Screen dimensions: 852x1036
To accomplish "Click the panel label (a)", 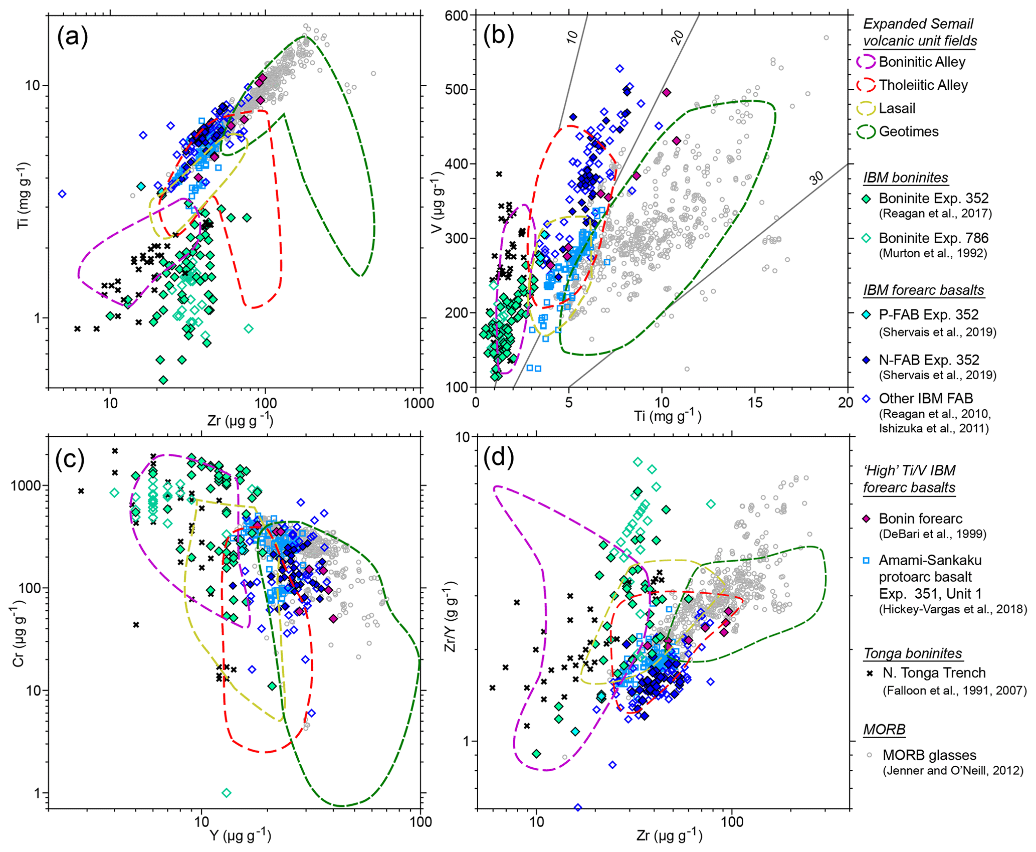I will tap(73, 37).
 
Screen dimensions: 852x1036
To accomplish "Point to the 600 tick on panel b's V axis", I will tap(456, 16).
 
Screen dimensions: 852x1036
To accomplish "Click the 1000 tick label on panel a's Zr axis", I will tap(419, 403).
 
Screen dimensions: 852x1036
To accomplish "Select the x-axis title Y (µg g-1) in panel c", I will tap(240, 836).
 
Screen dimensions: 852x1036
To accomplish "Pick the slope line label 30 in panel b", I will tap(816, 178).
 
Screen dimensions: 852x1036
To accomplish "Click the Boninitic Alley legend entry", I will tap(921, 62).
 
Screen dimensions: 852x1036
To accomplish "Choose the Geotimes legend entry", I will tap(908, 131).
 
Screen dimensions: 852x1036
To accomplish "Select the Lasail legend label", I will tap(897, 108).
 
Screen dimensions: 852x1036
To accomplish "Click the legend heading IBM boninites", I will tap(905, 178).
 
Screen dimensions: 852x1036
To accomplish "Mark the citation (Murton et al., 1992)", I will tap(933, 253).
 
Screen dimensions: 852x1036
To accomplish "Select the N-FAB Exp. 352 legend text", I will tap(929, 360).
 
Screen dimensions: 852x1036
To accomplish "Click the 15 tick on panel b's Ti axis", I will tap(755, 402).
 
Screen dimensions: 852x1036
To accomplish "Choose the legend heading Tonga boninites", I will tap(912, 653).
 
